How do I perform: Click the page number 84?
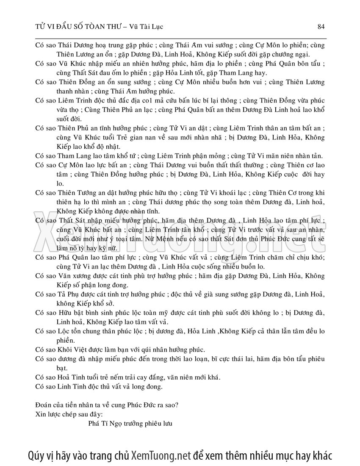[321, 27]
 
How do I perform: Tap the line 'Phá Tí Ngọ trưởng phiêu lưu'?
[130, 423]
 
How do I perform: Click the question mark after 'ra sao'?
[176, 405]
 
